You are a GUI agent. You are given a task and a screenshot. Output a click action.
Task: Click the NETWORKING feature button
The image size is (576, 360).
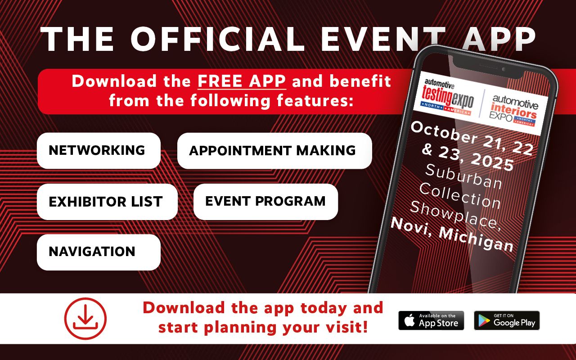tap(99, 151)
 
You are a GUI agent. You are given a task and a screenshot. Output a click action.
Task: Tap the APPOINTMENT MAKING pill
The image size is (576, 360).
tap(274, 151)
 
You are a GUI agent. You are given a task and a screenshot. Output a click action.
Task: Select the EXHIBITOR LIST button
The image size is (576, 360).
tap(107, 202)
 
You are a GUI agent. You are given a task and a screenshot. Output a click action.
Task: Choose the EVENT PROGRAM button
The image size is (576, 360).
tap(265, 202)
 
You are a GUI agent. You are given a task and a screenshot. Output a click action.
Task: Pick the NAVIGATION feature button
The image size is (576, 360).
tap(99, 252)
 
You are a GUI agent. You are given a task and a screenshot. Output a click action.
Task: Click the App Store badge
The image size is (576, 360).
tap(431, 320)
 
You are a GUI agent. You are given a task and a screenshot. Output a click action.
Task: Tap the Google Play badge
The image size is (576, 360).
tap(507, 320)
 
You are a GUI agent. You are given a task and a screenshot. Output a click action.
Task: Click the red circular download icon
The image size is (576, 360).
tap(85, 319)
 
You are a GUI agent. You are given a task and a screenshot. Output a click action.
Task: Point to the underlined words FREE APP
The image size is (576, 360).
tap(242, 81)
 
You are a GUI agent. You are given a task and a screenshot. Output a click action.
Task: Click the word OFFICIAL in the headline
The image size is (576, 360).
tap(218, 39)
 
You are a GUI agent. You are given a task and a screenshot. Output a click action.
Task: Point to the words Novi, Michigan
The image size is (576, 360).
tap(452, 234)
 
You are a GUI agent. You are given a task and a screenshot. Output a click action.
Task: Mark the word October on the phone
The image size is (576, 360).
tap(444, 132)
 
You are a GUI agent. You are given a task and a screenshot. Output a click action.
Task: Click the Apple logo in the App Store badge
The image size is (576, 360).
tap(409, 320)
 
